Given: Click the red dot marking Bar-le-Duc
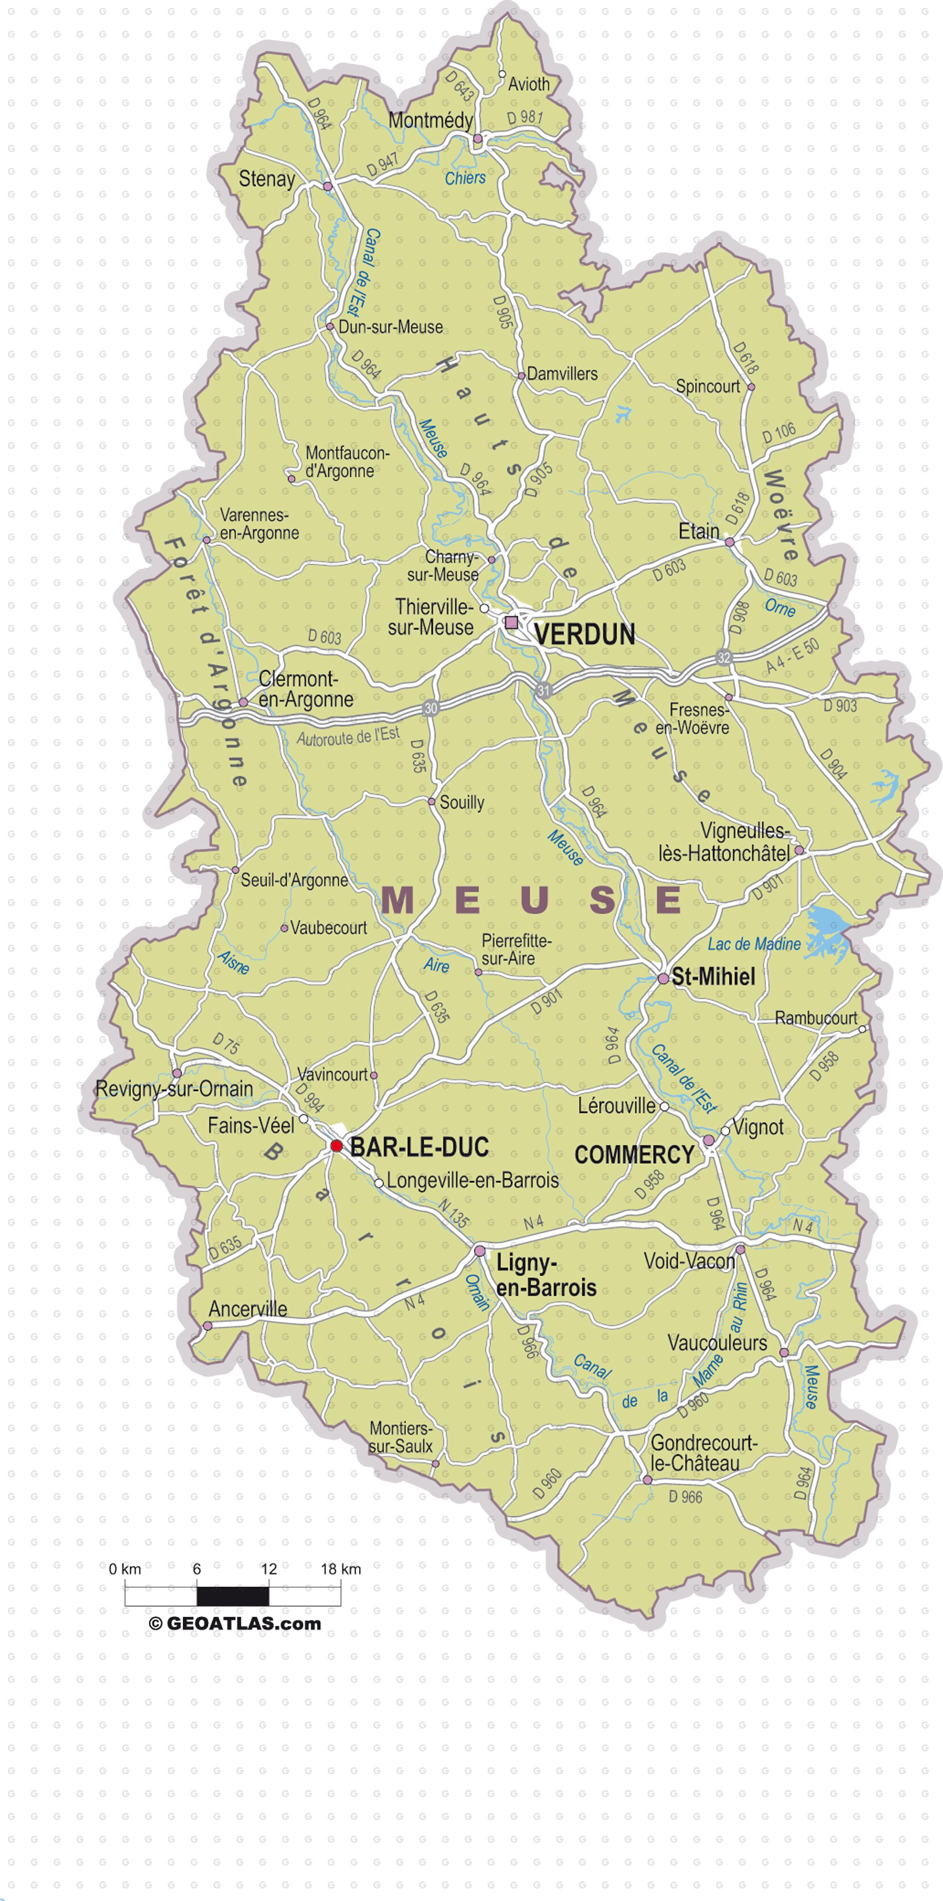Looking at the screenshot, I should [x=336, y=1145].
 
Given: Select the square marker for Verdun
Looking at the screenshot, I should [x=511, y=622].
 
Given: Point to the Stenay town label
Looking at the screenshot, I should [x=266, y=179].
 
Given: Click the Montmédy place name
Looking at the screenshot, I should [x=430, y=120].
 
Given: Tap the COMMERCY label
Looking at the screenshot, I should [x=634, y=1155].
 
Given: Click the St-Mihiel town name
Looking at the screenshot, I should [x=713, y=977].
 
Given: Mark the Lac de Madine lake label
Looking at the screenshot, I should [x=754, y=944].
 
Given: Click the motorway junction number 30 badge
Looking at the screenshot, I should [x=430, y=708].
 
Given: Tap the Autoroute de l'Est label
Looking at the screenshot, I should [x=348, y=736].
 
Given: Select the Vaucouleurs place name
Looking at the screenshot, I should [x=717, y=1343].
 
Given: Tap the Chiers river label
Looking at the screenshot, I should [x=465, y=178].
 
